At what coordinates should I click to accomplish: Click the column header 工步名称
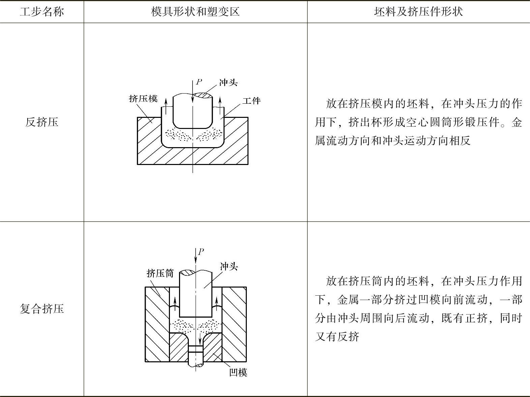pos(42,12)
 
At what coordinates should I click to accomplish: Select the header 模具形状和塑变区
pos(195,12)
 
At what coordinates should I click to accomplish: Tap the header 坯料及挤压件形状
pos(418,12)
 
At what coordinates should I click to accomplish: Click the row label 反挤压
pos(42,122)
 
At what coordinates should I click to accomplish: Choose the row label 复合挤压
pos(42,309)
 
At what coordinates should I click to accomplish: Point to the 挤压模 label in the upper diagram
pos(143,99)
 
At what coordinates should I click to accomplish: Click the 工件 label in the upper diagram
pos(252,101)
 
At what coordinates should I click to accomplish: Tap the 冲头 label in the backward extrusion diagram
pos(228,82)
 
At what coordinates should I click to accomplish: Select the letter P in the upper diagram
pos(199,82)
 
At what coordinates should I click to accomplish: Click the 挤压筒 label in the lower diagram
pos(160,273)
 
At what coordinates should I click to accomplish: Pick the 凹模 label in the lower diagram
pos(238,372)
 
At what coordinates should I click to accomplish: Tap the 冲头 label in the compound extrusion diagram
pos(229,267)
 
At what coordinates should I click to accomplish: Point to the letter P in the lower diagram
pos(201,252)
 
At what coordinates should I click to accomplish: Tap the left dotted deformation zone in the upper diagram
pos(178,135)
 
